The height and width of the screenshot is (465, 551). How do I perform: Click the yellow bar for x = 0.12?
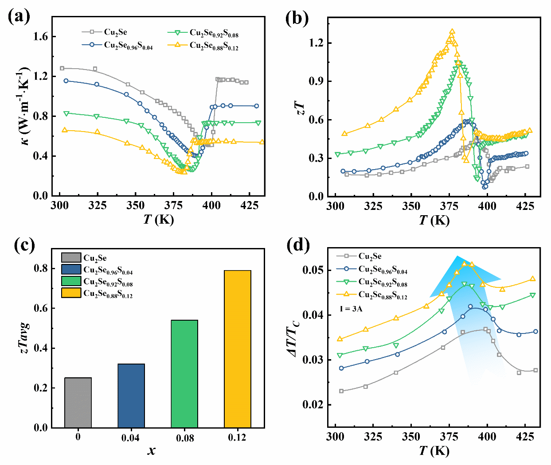click(238, 349)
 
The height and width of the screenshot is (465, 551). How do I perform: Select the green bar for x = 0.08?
click(184, 374)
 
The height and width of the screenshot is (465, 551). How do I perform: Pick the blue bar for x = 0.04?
click(131, 395)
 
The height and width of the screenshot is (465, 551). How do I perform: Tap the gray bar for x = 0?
click(78, 403)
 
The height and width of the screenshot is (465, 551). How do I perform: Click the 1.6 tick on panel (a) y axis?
click(40, 36)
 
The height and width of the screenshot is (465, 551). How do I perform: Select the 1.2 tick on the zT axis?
click(316, 43)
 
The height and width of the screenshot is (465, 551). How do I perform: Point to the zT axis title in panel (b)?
click(301, 108)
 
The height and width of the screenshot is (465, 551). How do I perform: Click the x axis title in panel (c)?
click(152, 451)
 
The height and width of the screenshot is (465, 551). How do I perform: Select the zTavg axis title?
click(25, 337)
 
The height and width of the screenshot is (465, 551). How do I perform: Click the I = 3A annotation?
click(351, 309)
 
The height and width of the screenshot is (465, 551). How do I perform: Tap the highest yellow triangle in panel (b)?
click(452, 32)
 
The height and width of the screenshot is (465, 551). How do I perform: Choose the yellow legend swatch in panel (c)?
click(71, 293)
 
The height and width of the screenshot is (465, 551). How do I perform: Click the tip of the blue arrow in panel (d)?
click(457, 256)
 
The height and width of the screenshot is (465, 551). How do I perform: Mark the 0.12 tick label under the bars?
click(237, 438)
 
